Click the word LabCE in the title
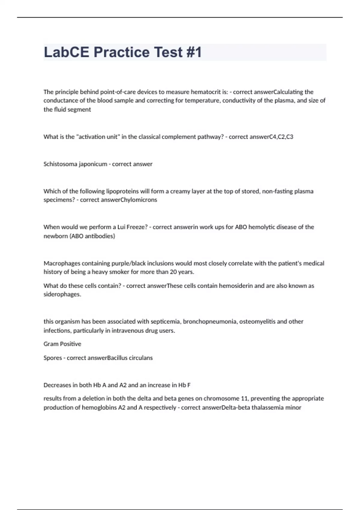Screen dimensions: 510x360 tap(66, 52)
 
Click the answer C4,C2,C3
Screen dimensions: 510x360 tap(281, 137)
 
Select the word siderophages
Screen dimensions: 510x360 tap(62, 294)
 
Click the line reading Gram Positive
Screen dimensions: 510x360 tap(62, 344)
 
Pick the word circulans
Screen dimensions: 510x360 tap(141, 358)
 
